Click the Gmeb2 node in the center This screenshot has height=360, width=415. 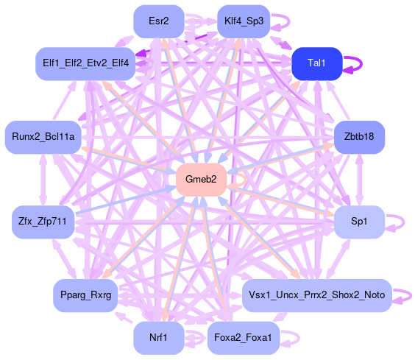201,180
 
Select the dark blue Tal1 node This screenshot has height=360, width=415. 317,63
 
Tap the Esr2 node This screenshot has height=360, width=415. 159,21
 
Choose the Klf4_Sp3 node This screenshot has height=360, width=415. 244,21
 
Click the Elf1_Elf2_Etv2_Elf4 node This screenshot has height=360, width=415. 85,63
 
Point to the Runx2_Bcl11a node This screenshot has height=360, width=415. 43,137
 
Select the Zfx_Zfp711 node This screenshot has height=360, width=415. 43,222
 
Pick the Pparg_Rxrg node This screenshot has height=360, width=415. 85,295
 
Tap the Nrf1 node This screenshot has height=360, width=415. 159,338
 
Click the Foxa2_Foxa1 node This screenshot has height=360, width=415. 244,338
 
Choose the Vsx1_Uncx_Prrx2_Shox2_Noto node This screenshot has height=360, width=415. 317,295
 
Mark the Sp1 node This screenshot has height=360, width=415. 359,222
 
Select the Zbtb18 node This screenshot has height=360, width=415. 359,137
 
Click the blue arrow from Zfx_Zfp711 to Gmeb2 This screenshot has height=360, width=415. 126,200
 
